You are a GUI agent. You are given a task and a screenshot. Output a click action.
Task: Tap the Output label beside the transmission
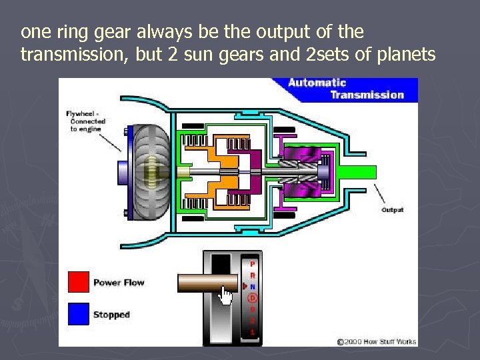pyautogui.click(x=393, y=210)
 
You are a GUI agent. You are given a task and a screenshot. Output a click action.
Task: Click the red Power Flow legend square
pyautogui.click(x=78, y=282)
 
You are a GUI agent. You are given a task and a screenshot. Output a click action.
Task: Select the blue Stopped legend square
pyautogui.click(x=78, y=314)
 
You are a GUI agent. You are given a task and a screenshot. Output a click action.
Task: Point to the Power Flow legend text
pyautogui.click(x=119, y=283)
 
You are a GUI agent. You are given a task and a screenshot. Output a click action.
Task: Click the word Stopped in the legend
pyautogui.click(x=111, y=315)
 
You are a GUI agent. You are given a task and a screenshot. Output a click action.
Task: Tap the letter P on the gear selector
pyautogui.click(x=252, y=263)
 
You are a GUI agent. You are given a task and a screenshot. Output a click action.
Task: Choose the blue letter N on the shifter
pyautogui.click(x=252, y=286)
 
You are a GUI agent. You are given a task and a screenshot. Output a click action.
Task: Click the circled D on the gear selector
pyautogui.click(x=252, y=297)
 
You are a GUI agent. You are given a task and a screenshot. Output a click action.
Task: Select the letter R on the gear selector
pyautogui.click(x=252, y=275)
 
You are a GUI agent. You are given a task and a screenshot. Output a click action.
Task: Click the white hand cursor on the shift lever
pyautogui.click(x=227, y=295)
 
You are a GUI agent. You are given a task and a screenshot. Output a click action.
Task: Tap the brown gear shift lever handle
pyautogui.click(x=207, y=283)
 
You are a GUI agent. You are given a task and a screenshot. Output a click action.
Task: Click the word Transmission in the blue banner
pyautogui.click(x=367, y=95)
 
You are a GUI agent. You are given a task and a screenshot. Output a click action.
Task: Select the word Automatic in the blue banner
pyautogui.click(x=317, y=83)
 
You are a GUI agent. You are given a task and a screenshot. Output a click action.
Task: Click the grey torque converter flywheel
pyautogui.click(x=150, y=173)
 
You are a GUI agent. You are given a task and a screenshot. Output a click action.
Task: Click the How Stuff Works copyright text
pyautogui.click(x=377, y=341)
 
